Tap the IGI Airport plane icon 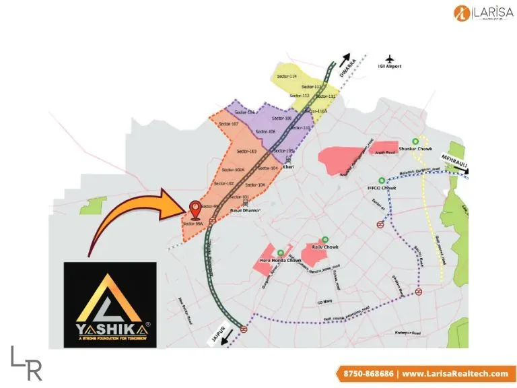click(389, 58)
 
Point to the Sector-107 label click(231, 125)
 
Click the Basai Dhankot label click(245, 210)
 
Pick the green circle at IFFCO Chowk click(382, 180)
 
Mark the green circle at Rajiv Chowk click(325, 238)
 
